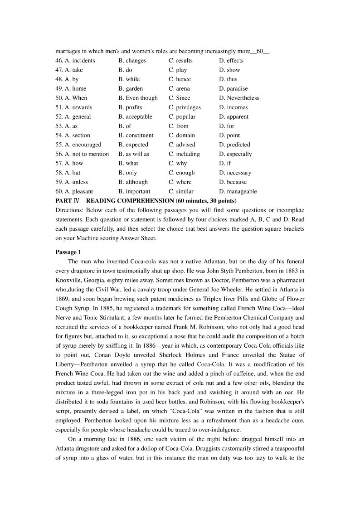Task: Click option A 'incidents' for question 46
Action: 80,60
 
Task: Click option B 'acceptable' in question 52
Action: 135,116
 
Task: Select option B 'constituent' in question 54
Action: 136,135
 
